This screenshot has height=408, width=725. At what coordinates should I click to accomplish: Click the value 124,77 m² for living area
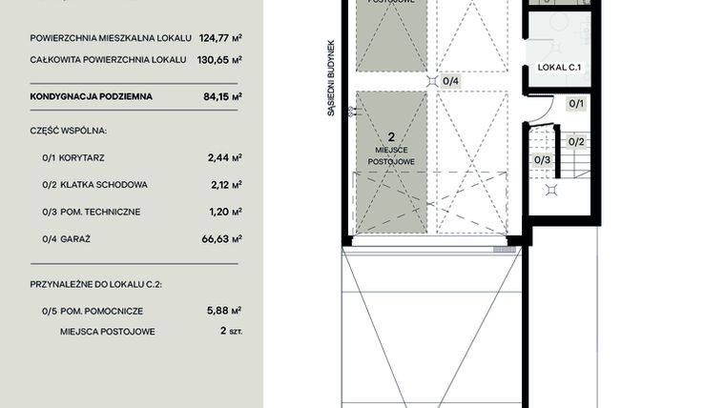220,39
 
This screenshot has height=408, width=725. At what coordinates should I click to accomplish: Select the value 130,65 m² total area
220,59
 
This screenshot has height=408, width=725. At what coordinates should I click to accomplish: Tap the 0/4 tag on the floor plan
451,81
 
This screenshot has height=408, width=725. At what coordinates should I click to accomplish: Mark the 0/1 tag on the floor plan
576,103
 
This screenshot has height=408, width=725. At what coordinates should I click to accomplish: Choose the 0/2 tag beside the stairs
576,141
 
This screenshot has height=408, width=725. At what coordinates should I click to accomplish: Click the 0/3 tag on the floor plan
542,159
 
